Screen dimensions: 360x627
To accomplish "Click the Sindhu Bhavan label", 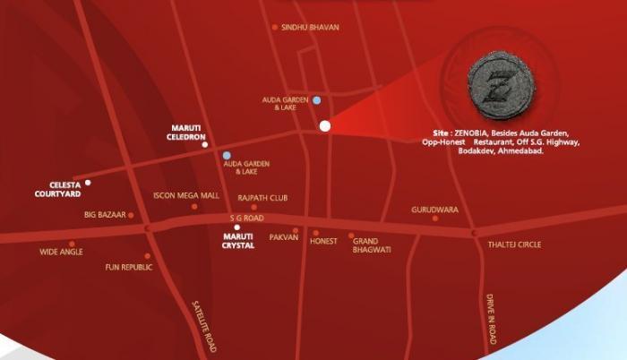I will point(310,28).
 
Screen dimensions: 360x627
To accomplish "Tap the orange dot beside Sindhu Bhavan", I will point(275,28).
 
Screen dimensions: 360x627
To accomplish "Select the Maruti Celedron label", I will point(191,133).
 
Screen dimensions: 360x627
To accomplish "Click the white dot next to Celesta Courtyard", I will point(88,183).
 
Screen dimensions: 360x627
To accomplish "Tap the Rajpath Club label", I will point(262,197).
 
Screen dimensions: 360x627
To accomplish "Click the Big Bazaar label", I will point(103,215).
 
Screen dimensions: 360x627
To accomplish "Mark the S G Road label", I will point(247,218).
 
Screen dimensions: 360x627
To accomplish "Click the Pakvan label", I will point(283,237).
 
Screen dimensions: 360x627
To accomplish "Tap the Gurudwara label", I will point(434,209).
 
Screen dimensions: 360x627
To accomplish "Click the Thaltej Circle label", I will point(514,244).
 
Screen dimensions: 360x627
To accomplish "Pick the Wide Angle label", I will point(61,253).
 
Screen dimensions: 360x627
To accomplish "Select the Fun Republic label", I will point(125,267).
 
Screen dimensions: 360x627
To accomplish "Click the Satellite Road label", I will point(205,325).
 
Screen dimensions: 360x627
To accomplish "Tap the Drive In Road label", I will point(491,320).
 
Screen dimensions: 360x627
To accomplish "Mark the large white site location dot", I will point(325,126).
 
